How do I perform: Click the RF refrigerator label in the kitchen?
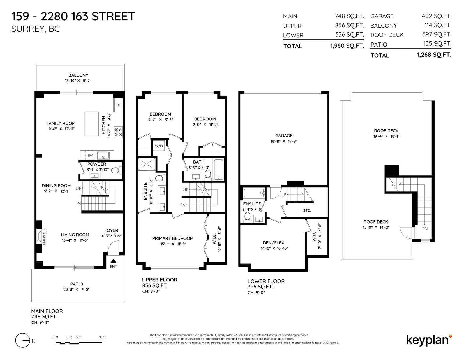[x=118, y=105]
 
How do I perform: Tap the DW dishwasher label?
[x=90, y=155]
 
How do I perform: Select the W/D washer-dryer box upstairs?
[x=159, y=146]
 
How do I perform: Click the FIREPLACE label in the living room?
[x=44, y=237]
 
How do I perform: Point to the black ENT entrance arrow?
[x=114, y=261]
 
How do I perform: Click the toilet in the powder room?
[x=116, y=171]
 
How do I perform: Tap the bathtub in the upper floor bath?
[x=218, y=170]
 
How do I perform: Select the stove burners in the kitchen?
[x=118, y=132]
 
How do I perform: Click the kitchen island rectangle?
[x=91, y=124]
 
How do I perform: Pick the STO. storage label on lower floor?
[x=307, y=210]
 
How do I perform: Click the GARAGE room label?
[x=284, y=136]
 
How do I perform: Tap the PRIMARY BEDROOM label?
[x=173, y=238]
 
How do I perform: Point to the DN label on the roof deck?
[x=424, y=229]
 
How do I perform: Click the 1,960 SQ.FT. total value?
[x=347, y=46]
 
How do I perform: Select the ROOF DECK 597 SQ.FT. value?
[x=437, y=34]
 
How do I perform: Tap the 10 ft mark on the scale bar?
[x=102, y=337]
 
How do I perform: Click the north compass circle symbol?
[x=22, y=340]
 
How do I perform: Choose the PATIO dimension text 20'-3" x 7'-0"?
[x=76, y=290]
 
